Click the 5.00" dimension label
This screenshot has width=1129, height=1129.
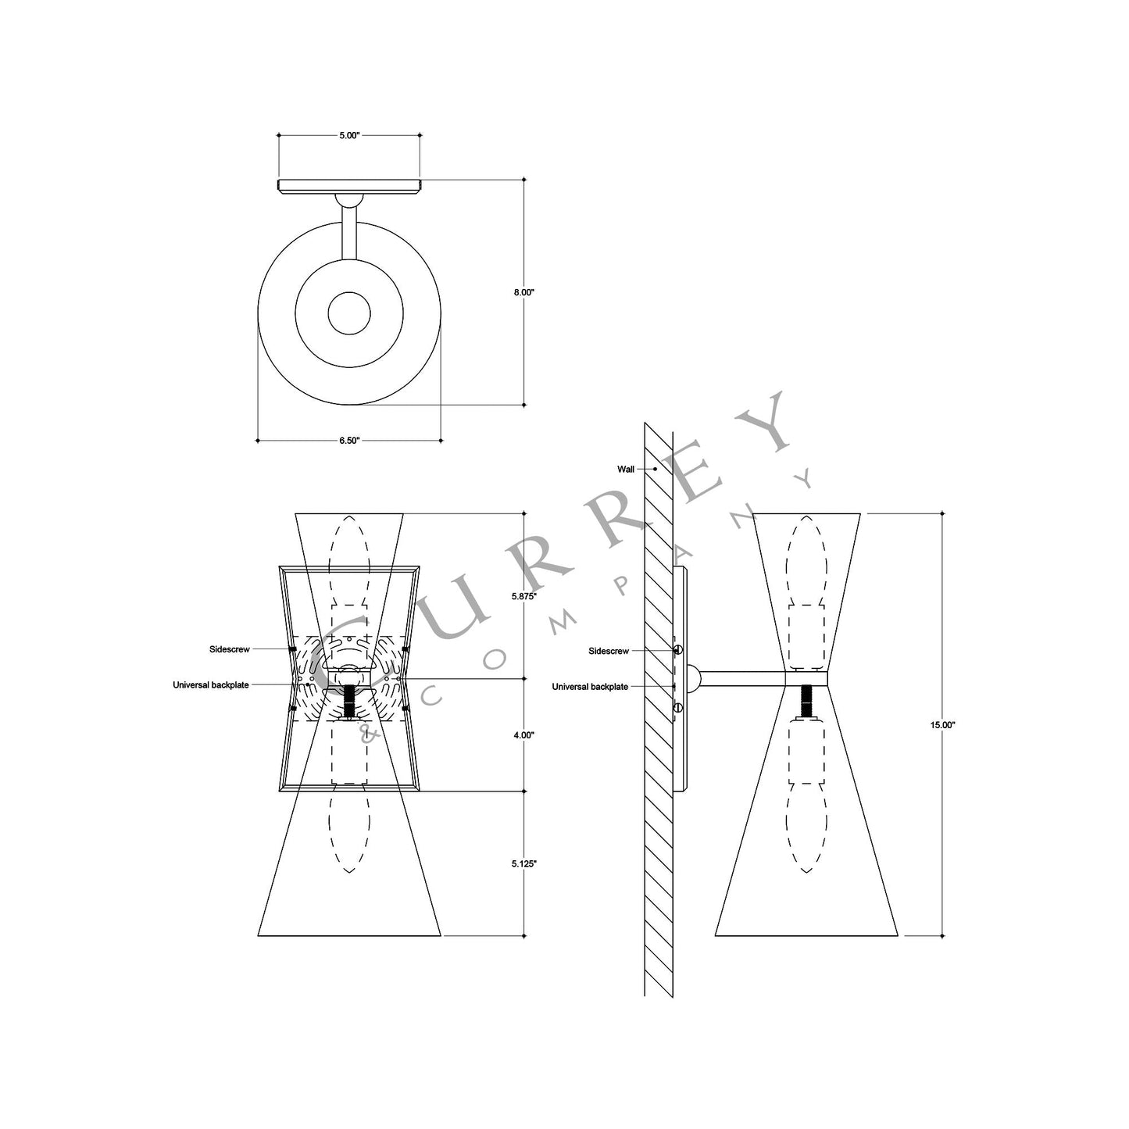pyautogui.click(x=348, y=135)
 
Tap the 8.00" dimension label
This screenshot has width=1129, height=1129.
pyautogui.click(x=523, y=292)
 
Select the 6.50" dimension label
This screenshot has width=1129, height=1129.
pyautogui.click(x=348, y=441)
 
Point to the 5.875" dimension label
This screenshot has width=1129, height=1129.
pyautogui.click(x=523, y=595)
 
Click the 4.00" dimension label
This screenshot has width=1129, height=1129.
pyautogui.click(x=523, y=735)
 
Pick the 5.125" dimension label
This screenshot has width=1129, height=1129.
pyautogui.click(x=523, y=863)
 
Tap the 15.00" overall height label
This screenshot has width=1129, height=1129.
pyautogui.click(x=943, y=724)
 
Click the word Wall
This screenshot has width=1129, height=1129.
pyautogui.click(x=626, y=470)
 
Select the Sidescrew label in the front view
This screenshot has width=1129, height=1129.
pyautogui.click(x=229, y=649)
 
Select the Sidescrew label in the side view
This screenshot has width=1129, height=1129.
pyautogui.click(x=609, y=650)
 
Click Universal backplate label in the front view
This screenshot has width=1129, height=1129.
pyautogui.click(x=211, y=685)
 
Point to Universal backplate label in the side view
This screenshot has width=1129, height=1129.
pyautogui.click(x=590, y=687)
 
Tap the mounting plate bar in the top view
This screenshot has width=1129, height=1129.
pyautogui.click(x=348, y=186)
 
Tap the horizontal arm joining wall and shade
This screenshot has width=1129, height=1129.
pyautogui.click(x=742, y=678)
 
